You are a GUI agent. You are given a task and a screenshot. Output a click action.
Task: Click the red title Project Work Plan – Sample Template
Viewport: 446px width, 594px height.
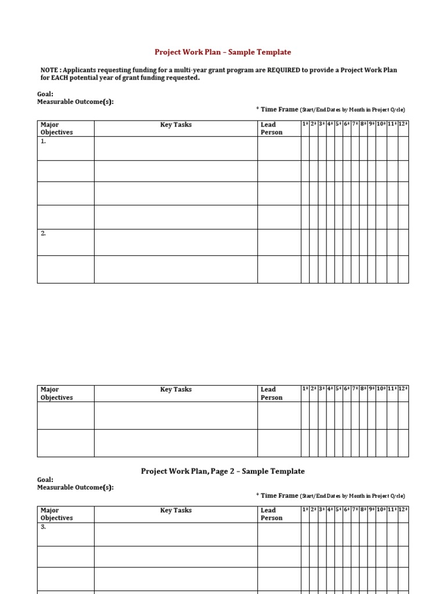point(223,52)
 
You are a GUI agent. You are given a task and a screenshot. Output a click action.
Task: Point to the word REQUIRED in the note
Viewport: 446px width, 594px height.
point(283,70)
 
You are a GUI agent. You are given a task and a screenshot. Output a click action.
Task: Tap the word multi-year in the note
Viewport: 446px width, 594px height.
point(171,70)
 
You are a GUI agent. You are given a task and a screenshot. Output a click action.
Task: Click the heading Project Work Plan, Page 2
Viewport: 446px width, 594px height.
point(222,471)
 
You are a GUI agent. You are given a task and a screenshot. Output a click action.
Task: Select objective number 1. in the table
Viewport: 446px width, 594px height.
point(44,141)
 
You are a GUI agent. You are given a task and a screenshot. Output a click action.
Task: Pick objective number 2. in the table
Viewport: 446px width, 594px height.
point(44,233)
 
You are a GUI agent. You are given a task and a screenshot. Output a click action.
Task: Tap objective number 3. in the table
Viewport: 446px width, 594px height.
point(44,527)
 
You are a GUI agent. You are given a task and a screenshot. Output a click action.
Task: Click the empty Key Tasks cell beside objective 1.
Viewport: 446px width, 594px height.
point(175,148)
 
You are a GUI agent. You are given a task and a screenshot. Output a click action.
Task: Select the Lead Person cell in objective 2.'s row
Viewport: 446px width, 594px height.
point(279,242)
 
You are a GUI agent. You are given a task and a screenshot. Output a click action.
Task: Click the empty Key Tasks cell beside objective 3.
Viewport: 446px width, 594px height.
point(175,534)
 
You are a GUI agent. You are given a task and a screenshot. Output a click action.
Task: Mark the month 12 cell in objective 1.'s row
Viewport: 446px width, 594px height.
point(403,148)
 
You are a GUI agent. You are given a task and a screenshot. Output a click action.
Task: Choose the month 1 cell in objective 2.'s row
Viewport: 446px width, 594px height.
point(305,242)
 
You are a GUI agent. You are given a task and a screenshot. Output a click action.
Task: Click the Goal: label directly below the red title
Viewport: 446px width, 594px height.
point(45,94)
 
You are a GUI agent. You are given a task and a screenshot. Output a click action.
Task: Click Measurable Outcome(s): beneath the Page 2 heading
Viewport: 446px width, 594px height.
point(75,487)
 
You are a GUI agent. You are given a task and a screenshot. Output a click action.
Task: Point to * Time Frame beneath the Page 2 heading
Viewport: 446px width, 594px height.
point(277,496)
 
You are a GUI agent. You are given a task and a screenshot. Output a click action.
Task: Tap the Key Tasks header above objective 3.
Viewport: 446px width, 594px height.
point(175,510)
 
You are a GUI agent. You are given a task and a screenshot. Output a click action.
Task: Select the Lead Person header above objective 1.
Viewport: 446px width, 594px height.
point(271,128)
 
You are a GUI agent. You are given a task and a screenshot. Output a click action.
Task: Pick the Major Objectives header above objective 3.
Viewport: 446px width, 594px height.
point(56,514)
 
